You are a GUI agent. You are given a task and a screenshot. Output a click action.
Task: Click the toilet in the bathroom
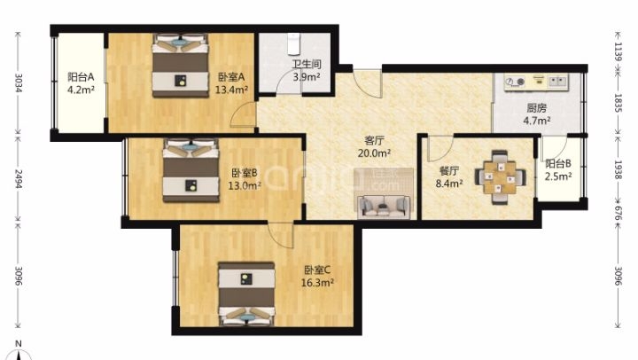click(x=293, y=44)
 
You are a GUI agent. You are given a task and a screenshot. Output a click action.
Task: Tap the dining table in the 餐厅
click(x=500, y=177)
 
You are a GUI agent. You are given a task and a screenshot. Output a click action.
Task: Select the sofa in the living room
click(x=384, y=206)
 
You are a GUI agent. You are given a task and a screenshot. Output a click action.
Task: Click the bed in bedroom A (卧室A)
click(x=180, y=66)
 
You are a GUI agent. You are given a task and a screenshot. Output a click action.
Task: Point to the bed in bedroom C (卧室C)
click(x=246, y=293)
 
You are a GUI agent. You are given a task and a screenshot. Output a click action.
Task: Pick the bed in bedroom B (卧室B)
click(x=191, y=170)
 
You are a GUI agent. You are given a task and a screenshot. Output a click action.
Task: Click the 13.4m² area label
click(x=231, y=90)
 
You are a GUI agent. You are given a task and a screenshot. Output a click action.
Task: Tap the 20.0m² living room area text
click(x=374, y=153)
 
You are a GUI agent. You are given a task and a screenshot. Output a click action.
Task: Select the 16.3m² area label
click(x=317, y=283)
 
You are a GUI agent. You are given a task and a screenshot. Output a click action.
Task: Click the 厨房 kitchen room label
click(x=537, y=108)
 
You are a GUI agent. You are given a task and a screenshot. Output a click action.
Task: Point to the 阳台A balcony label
click(x=81, y=76)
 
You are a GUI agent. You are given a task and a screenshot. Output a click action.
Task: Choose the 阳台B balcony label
click(x=558, y=164)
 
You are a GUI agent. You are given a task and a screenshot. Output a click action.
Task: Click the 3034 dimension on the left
click(x=18, y=82)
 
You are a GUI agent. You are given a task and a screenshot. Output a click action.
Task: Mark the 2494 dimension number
click(x=18, y=179)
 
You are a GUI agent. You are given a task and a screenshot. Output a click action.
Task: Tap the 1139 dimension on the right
click(x=619, y=51)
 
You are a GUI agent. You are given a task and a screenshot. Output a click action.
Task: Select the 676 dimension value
click(x=619, y=213)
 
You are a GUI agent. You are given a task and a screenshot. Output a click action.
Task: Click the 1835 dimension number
click(x=619, y=103)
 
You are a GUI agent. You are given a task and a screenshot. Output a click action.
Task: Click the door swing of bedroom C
click(x=279, y=235)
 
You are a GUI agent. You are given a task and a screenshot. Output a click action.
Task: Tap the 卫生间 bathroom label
click(x=307, y=64)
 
